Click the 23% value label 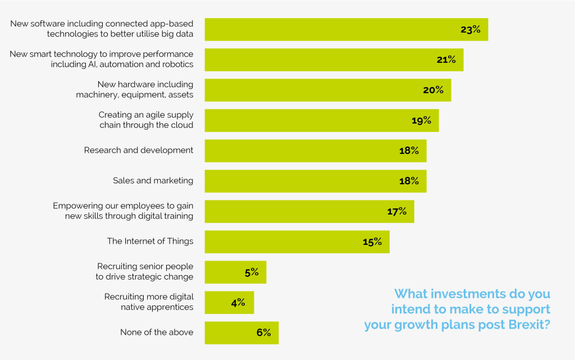click(x=471, y=30)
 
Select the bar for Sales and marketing click(x=315, y=181)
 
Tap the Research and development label click(x=139, y=151)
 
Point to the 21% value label click(x=446, y=60)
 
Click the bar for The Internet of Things click(x=296, y=241)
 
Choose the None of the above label click(x=157, y=332)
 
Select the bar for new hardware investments click(x=327, y=90)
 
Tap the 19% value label click(x=421, y=120)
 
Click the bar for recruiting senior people click(x=235, y=272)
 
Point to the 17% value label click(x=396, y=211)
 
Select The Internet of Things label click(x=150, y=241)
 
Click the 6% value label click(x=263, y=332)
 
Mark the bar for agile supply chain click(x=321, y=120)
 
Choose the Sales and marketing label click(x=153, y=181)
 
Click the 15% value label click(x=372, y=241)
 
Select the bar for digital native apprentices click(x=229, y=302)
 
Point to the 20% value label click(x=433, y=90)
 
